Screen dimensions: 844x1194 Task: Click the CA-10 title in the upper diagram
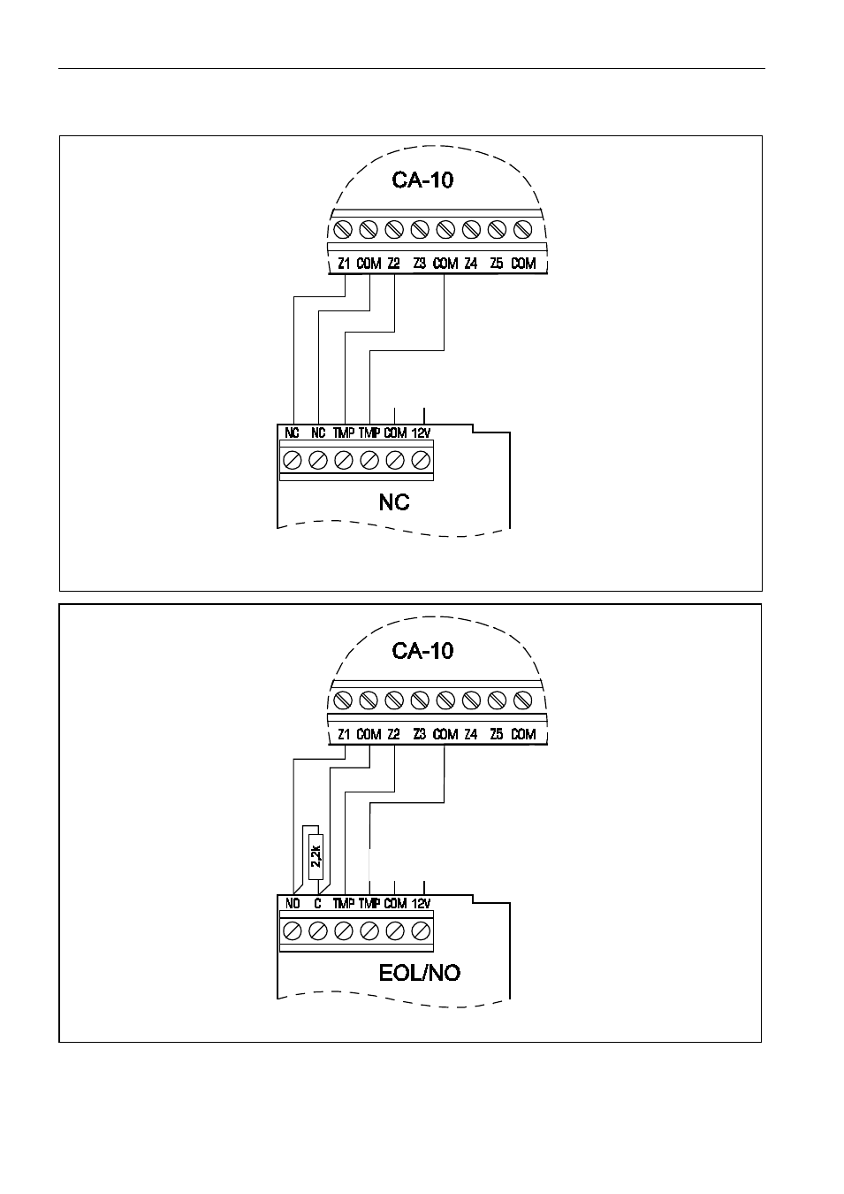coord(422,180)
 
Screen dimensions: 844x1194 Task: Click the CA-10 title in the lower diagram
coord(422,650)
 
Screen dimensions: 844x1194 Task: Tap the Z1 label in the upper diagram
coord(344,264)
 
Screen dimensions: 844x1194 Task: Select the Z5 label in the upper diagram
coord(497,264)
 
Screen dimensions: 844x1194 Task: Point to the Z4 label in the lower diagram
coord(471,734)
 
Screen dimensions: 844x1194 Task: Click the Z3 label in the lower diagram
coord(420,734)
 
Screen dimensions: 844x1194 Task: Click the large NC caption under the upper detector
coord(394,502)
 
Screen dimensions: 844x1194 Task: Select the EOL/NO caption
coord(420,973)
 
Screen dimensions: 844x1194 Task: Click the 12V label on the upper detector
coord(421,432)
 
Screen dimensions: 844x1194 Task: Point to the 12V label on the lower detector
coord(421,904)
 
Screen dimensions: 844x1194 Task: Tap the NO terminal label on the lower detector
coord(293,904)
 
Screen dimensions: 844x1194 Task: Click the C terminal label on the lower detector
coord(318,904)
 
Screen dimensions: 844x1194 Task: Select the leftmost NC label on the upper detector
coord(292,432)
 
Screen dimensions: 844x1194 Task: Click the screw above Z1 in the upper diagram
coord(343,230)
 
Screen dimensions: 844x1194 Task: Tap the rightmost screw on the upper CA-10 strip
coord(523,230)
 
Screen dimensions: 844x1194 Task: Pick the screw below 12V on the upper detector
coord(421,460)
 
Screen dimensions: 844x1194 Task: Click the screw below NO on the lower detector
coord(293,931)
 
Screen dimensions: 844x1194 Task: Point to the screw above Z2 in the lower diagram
coord(394,700)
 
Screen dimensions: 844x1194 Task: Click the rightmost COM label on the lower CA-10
coord(523,734)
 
